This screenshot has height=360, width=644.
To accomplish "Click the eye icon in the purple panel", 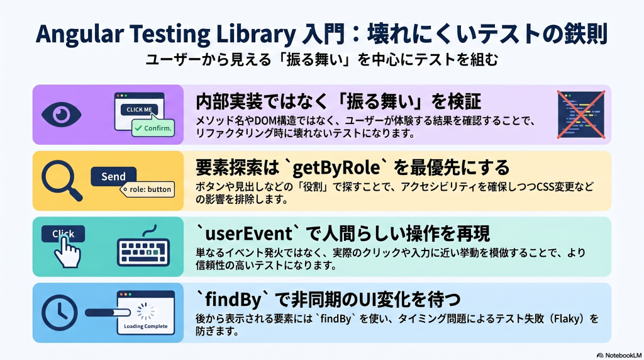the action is click(x=61, y=115).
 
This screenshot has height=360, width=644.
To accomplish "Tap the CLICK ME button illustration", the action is click(x=139, y=110).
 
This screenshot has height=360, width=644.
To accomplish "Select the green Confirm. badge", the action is click(x=153, y=128).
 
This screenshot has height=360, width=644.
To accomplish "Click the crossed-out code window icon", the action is click(x=580, y=115).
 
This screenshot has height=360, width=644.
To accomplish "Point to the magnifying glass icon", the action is click(x=62, y=181).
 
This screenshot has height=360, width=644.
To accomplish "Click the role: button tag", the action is click(x=147, y=189).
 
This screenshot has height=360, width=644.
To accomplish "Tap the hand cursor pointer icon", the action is click(x=67, y=252).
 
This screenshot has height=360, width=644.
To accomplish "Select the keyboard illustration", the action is click(x=143, y=249).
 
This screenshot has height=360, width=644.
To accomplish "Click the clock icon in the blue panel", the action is click(x=60, y=313).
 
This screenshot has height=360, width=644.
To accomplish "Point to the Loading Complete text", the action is click(x=146, y=326).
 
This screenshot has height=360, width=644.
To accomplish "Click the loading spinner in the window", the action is click(x=146, y=312).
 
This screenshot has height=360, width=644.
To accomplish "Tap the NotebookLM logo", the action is click(x=619, y=356).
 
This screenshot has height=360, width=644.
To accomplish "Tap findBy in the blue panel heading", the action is click(x=233, y=300).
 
